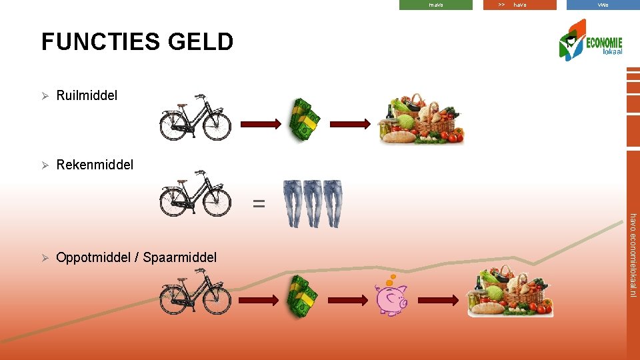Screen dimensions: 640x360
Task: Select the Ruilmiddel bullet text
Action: click(87, 96)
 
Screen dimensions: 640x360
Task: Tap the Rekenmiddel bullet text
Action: click(95, 165)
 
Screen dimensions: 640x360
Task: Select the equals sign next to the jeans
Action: click(259, 204)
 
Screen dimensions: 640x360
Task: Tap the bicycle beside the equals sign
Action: click(195, 195)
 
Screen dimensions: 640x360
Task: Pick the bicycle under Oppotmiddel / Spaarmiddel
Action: click(195, 293)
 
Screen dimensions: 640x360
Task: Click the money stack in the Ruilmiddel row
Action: click(304, 119)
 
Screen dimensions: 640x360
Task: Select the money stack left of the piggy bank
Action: click(303, 296)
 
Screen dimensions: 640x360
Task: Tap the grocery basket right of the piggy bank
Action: click(509, 291)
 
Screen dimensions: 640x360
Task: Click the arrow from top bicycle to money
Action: click(261, 124)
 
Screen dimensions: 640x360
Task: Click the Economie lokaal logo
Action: click(589, 41)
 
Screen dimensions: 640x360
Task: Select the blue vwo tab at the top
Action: click(603, 5)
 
